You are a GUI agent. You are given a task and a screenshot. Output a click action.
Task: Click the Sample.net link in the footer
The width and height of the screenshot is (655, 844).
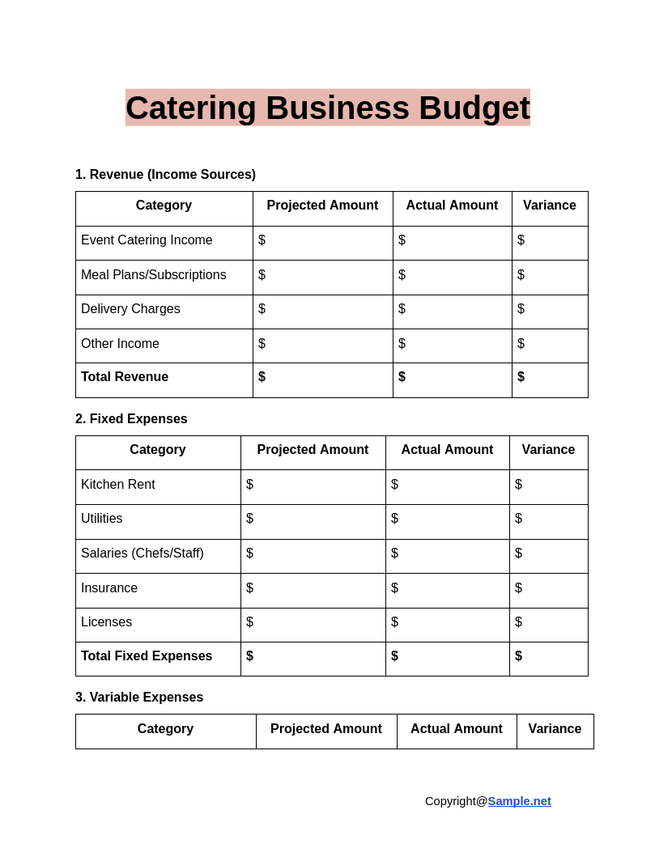click(x=519, y=800)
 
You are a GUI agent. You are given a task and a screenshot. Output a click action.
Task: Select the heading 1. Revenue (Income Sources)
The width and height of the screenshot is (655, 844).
click(x=165, y=174)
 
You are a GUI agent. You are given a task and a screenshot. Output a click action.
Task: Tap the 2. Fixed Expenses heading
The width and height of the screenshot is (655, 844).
click(x=131, y=418)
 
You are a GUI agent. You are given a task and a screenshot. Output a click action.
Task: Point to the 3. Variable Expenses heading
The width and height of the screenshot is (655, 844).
click(x=139, y=697)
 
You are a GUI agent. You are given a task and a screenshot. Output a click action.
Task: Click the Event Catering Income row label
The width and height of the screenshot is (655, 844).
click(x=147, y=240)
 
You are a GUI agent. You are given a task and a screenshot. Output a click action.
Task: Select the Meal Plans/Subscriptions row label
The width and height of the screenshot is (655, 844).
click(x=154, y=274)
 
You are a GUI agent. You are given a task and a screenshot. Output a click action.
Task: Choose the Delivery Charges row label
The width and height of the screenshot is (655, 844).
click(x=130, y=308)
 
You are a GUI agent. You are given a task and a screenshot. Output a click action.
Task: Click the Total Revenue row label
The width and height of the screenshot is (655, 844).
click(x=125, y=376)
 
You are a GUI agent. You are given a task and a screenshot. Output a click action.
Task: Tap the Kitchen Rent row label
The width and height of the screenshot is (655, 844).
click(x=118, y=484)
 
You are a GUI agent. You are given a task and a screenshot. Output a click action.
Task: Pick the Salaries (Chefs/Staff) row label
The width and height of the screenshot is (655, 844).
click(x=142, y=553)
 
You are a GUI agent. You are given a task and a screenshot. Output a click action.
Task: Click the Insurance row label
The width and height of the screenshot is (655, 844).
click(x=109, y=587)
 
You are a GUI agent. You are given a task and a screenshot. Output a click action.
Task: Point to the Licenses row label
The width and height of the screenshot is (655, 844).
click(x=106, y=621)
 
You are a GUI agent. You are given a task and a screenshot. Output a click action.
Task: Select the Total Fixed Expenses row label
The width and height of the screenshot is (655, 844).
click(x=147, y=655)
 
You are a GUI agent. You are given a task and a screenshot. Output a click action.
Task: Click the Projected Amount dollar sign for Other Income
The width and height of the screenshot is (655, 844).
click(x=262, y=343)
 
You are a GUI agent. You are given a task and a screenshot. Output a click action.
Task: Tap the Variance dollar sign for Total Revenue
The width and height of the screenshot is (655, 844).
click(x=521, y=376)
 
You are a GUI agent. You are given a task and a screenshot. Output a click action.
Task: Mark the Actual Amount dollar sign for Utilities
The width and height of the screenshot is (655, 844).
click(x=394, y=518)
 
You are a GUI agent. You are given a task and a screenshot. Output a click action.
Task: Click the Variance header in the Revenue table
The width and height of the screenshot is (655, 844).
click(x=550, y=205)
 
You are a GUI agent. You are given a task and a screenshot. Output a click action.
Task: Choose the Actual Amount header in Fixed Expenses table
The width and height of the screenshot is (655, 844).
click(x=447, y=449)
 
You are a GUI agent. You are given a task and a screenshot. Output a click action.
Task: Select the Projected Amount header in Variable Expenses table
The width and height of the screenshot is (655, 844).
click(x=326, y=728)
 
